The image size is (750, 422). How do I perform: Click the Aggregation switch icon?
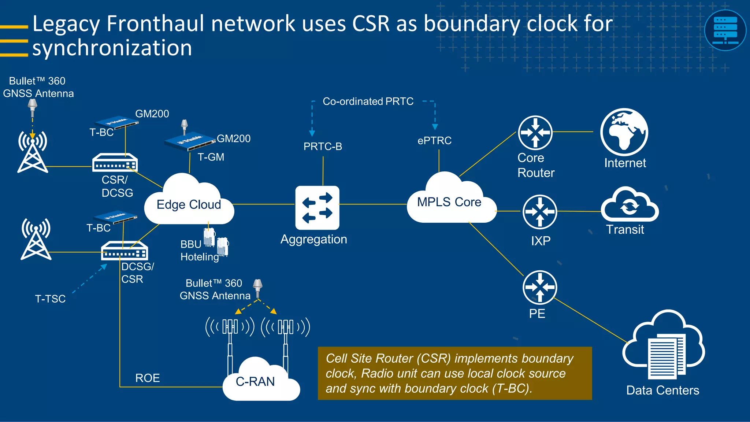[x=317, y=208]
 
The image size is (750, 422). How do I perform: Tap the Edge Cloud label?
[x=189, y=204]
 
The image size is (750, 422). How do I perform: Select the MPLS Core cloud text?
[x=449, y=202]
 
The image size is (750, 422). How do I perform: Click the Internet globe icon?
[x=624, y=132]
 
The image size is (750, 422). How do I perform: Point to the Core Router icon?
[x=535, y=132]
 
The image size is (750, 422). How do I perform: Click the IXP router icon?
[x=540, y=212]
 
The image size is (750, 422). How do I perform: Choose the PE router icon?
[x=539, y=287]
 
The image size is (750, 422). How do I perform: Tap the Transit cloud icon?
[x=630, y=206]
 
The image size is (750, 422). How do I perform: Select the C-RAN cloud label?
[x=255, y=381]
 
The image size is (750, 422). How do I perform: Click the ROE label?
[x=148, y=378]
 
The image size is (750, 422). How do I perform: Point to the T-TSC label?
[x=50, y=299]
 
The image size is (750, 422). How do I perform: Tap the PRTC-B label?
[x=323, y=147]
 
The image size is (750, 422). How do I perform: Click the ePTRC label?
[x=434, y=141]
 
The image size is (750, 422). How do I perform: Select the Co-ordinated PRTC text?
[x=368, y=101]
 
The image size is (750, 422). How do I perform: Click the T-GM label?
[x=211, y=157]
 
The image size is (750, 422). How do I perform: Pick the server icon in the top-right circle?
[x=725, y=30]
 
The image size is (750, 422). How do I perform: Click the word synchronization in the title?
[x=112, y=48]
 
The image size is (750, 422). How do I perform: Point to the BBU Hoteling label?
[x=199, y=251]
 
